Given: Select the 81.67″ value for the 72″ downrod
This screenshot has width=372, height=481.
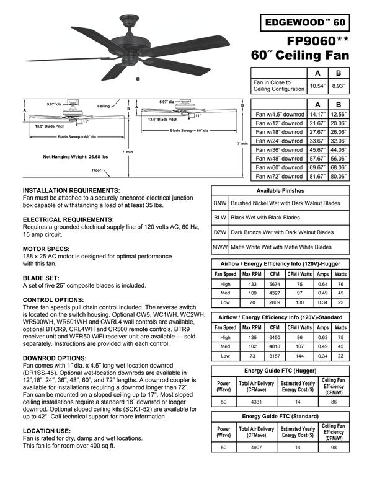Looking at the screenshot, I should [x=317, y=175].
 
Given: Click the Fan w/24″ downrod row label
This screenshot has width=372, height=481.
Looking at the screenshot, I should [x=279, y=141].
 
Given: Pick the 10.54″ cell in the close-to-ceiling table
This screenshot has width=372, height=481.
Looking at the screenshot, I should [x=317, y=86].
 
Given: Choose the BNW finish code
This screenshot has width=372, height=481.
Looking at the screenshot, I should [x=219, y=203].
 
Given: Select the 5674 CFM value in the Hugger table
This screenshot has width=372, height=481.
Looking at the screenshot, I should [x=275, y=285].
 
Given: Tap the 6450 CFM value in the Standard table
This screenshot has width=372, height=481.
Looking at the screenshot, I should [x=275, y=338].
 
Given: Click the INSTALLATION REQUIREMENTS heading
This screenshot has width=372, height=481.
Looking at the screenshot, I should [x=71, y=190].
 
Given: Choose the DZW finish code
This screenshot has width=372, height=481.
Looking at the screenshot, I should [x=219, y=232].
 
